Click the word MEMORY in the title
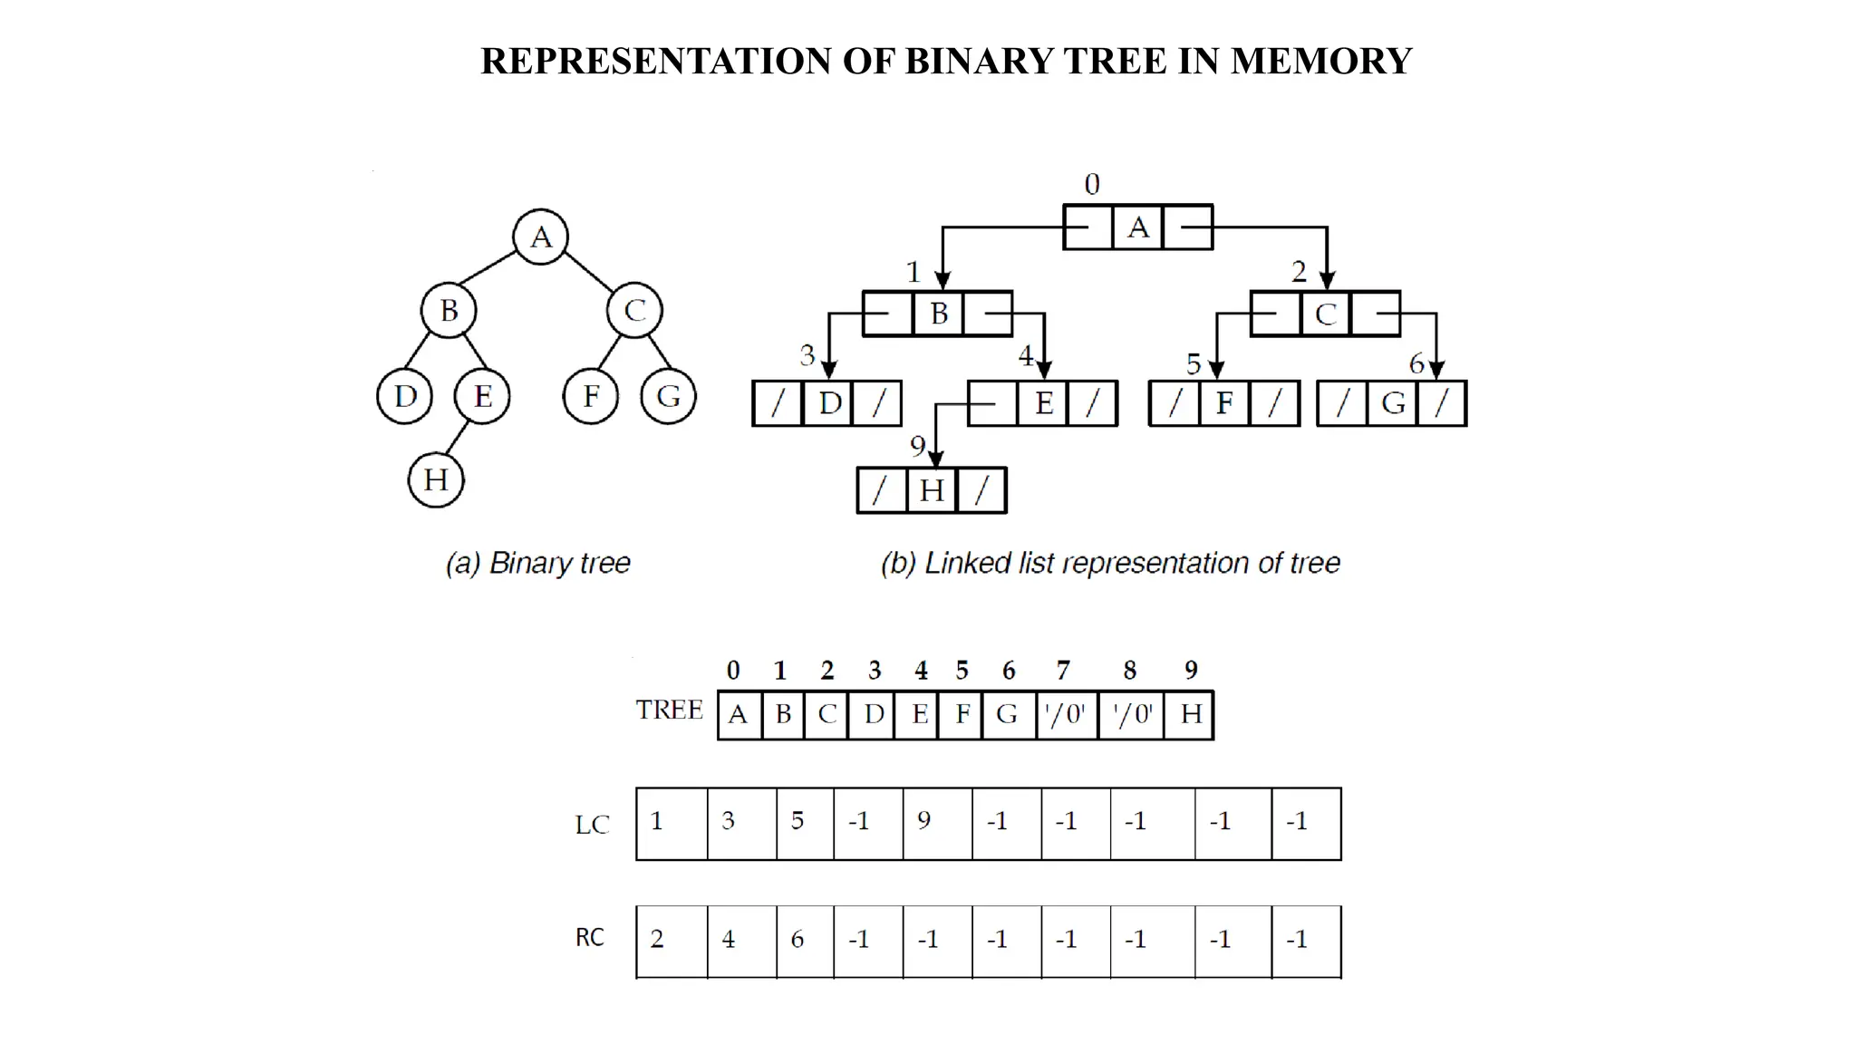(1320, 62)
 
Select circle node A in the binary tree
(540, 237)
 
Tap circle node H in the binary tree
(436, 479)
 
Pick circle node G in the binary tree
(668, 396)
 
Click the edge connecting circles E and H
(458, 438)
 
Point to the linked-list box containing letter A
(1138, 227)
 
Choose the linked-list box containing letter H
(932, 490)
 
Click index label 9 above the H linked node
(917, 446)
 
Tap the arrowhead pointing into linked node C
(1327, 280)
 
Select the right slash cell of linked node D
(878, 403)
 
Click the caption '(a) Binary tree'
(537, 563)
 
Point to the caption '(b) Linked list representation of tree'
(1110, 563)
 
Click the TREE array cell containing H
(1190, 715)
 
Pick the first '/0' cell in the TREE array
(1066, 715)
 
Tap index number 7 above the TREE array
(1063, 671)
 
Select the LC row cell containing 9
(936, 823)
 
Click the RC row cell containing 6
(804, 941)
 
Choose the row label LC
(592, 825)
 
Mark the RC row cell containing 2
(671, 941)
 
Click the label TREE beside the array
(669, 710)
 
